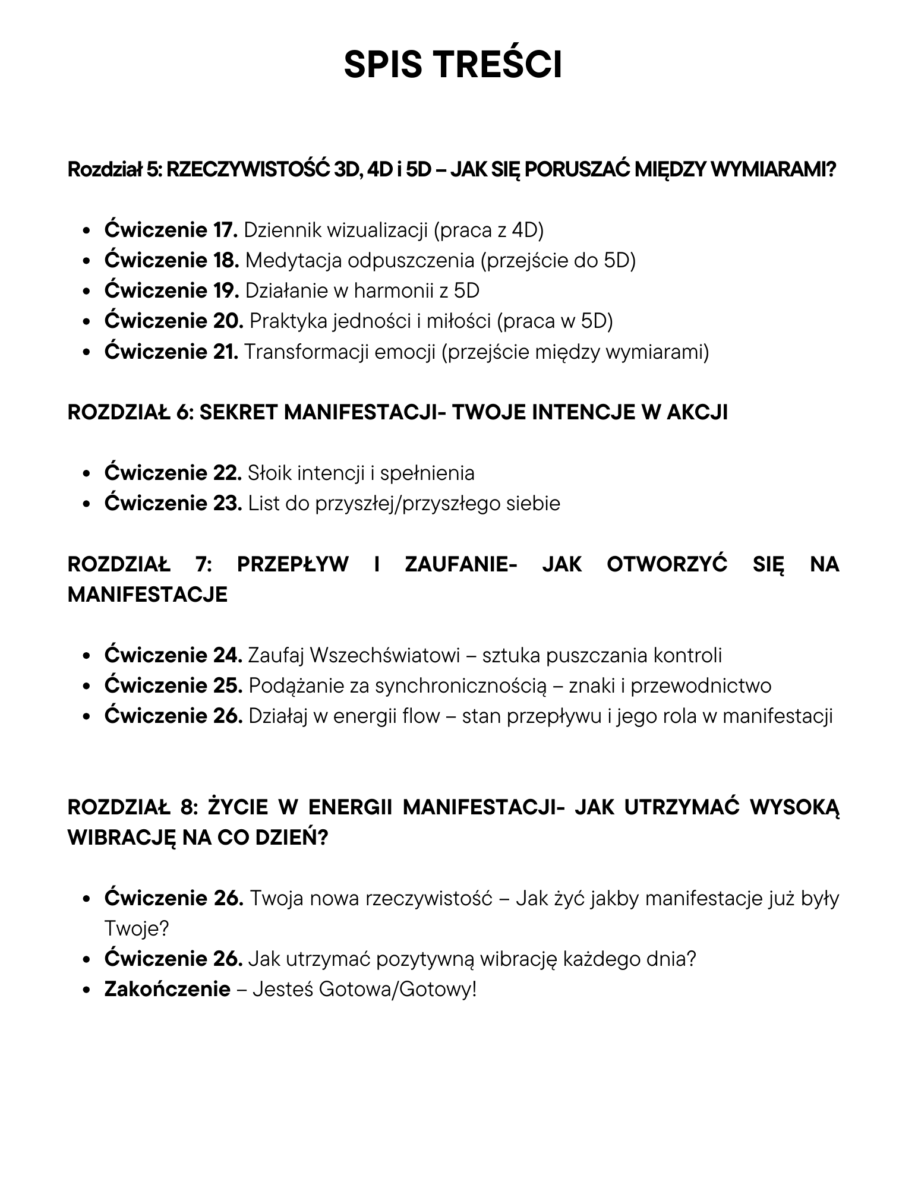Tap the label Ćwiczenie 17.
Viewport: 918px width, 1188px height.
[171, 230]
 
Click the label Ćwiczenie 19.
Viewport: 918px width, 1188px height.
[171, 290]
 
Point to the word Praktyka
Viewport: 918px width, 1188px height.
[288, 321]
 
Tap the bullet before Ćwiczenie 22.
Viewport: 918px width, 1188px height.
[87, 474]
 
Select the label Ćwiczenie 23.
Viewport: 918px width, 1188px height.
[173, 503]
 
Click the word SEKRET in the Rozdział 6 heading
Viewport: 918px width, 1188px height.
[238, 412]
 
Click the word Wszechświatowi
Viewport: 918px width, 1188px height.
[385, 655]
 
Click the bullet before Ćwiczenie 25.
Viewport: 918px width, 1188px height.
[87, 687]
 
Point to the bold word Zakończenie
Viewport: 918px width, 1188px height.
[167, 989]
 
